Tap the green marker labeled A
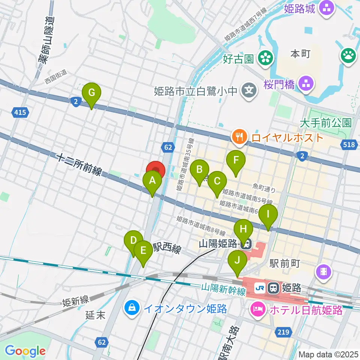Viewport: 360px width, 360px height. click(152, 181)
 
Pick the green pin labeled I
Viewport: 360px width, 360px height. click(268, 214)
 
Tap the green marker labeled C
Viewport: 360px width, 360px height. click(217, 181)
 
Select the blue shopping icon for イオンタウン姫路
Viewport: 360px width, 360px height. click(132, 309)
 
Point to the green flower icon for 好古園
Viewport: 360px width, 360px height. click(266, 58)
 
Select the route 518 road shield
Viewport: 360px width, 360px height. click(350, 144)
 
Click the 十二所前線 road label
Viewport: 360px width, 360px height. click(79, 165)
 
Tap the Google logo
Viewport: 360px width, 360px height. click(25, 351)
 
